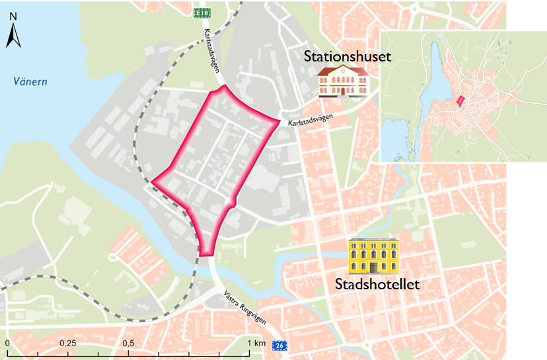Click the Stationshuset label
click(347, 56)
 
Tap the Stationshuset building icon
click(342, 81)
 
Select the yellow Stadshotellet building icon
click(374, 256)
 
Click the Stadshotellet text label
click(377, 285)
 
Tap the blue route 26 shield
click(280, 345)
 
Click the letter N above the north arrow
click(14, 15)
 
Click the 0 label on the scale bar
click(7, 343)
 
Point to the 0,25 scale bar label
click(67, 343)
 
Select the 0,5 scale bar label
click(128, 343)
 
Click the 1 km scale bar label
click(256, 343)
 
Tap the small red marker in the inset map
click(460, 100)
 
